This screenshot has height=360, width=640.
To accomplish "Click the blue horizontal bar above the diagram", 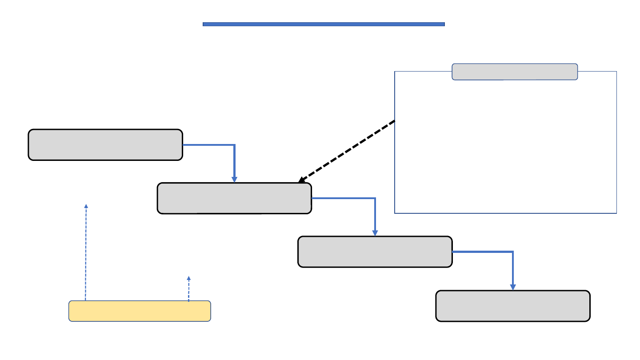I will coord(324,24).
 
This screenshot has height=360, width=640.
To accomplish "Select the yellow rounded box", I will coord(140,311).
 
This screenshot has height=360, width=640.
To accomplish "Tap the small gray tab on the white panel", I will coord(515,72).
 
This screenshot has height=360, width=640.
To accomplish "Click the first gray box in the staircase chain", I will coord(105,145).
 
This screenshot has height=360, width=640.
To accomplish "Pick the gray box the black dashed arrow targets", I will coord(234,198).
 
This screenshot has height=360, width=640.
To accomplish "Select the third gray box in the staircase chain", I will coord(375,252).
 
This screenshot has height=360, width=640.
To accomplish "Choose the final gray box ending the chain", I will coord(513,306).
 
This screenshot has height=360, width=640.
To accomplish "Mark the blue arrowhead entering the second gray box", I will coord(234,180).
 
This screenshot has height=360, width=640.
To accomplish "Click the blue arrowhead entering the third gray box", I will coord(375,233).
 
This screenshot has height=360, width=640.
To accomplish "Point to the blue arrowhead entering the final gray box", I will coord(513,287).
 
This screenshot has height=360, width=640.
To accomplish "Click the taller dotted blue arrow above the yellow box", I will coord(86,253).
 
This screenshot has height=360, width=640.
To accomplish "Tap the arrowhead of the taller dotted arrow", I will coord(86,206).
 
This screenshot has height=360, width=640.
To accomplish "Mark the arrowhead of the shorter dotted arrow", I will coord(189,278).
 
